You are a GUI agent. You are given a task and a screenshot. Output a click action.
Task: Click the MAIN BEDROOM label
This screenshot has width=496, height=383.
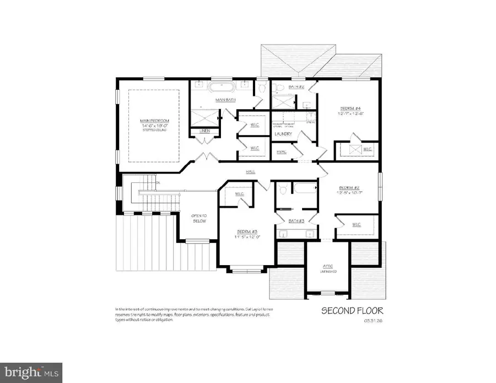click(154, 121)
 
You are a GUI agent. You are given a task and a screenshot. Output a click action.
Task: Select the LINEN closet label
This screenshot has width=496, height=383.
click(197, 131)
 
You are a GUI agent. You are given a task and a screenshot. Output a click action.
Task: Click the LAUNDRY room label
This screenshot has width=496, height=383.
click(284, 134)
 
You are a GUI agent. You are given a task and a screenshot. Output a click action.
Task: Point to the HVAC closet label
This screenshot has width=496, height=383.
click(282, 152)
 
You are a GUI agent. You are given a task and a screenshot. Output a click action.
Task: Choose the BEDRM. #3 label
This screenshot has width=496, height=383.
click(247, 231)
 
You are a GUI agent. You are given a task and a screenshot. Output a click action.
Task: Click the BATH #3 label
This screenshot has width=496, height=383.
click(296, 220)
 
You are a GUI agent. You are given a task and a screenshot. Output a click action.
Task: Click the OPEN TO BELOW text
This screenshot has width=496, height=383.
click(198, 218)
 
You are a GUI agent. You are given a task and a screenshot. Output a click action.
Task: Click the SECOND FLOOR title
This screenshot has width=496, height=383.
click(352, 311)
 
